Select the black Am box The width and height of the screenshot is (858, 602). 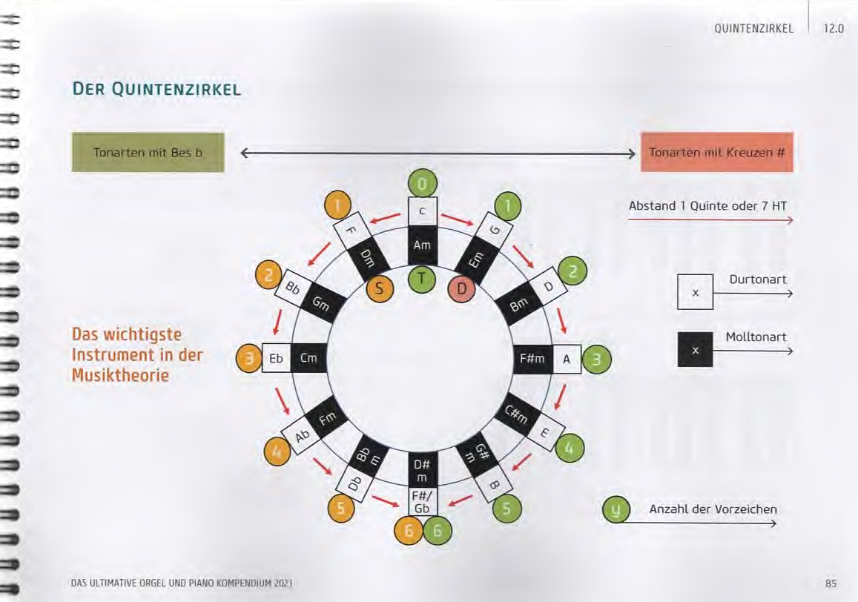pos(423,245)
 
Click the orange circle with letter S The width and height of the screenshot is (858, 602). pos(380,288)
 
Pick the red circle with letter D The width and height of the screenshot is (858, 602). pos(461,288)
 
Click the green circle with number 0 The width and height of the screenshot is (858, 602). pos(423,182)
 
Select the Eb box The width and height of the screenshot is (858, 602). pos(276,359)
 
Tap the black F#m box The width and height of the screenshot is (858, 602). pos(533,359)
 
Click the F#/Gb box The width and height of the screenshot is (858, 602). pos(423,503)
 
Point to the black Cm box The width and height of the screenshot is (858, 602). pos(308,359)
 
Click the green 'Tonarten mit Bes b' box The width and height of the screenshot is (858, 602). pos(148,153)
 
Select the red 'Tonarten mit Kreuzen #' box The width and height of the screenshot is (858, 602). pos(716,153)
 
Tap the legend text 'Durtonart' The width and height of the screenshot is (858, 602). pos(758,280)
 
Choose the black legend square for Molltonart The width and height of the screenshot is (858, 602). pos(695,349)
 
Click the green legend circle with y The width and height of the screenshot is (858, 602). pos(616,510)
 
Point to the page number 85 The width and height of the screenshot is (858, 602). pos(831,583)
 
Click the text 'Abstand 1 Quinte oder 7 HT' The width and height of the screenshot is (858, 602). pos(707,205)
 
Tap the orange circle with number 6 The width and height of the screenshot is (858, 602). pos(408,532)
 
